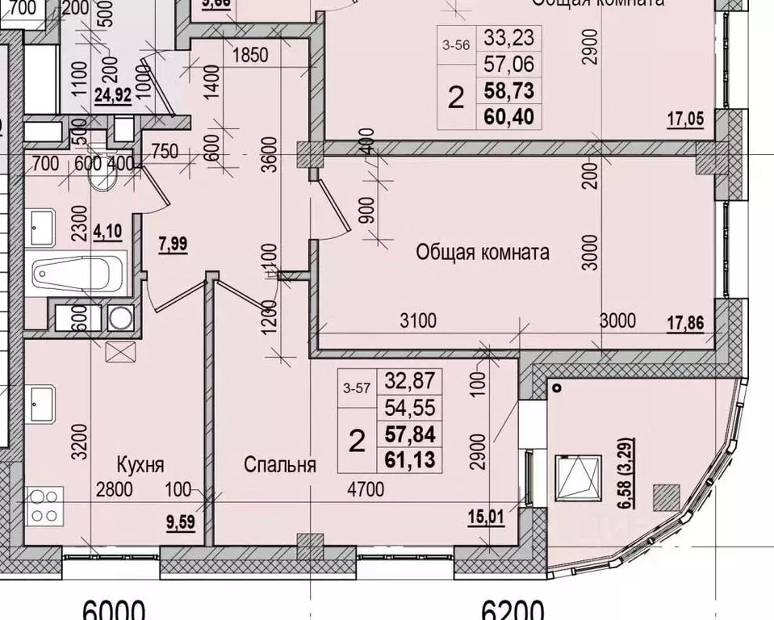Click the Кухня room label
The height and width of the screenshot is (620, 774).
tap(140, 466)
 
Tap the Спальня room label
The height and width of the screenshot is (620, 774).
tap(280, 466)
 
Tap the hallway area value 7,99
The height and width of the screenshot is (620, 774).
tap(174, 245)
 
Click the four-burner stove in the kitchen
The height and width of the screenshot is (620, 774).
tap(42, 506)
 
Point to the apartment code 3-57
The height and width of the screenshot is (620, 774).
tap(357, 387)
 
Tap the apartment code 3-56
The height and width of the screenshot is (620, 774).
tap(456, 46)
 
